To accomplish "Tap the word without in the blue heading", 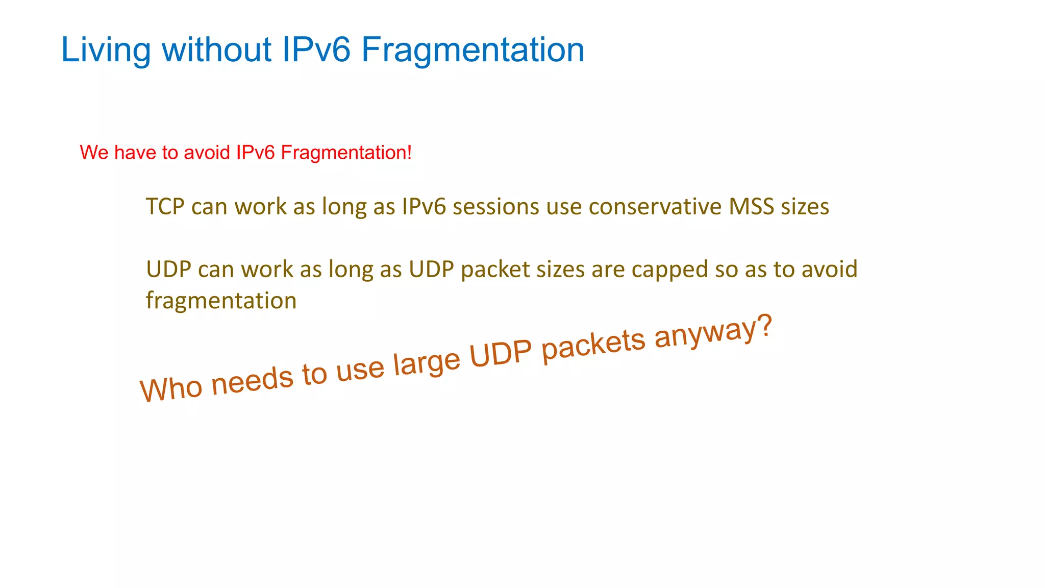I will click(216, 50).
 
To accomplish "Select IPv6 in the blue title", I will click(316, 50).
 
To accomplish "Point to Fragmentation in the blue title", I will click(472, 50).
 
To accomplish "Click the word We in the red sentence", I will click(94, 153).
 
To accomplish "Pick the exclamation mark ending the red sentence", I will click(410, 153).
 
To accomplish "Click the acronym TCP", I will click(165, 207).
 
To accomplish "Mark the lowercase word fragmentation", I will click(221, 301).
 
